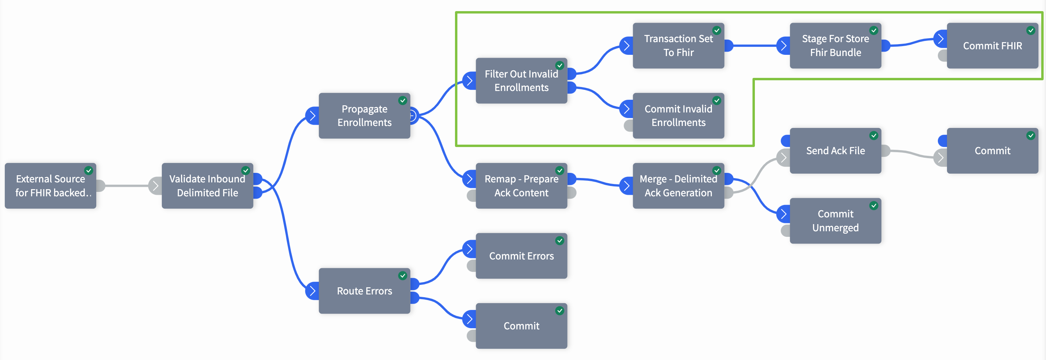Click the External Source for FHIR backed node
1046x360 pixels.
pyautogui.click(x=51, y=186)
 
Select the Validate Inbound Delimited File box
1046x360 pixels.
pyautogui.click(x=208, y=186)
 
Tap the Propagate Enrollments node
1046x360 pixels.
pyautogui.click(x=365, y=116)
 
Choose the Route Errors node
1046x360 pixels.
pyautogui.click(x=365, y=291)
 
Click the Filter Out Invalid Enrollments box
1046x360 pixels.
pyautogui.click(x=521, y=81)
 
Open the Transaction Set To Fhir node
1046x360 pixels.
pyautogui.click(x=679, y=45)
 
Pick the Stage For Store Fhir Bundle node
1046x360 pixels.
pyautogui.click(x=836, y=45)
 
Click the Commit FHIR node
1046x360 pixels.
pyautogui.click(x=992, y=45)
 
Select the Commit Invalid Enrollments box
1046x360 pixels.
pyautogui.click(x=679, y=116)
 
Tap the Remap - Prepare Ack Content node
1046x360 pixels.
pyautogui.click(x=521, y=186)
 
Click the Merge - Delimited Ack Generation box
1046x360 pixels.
pyautogui.click(x=679, y=186)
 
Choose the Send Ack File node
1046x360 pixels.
pyautogui.click(x=836, y=151)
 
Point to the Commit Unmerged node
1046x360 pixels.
pyautogui.click(x=836, y=221)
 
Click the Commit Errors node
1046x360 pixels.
pyautogui.click(x=521, y=255)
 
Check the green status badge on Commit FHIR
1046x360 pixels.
pyautogui.click(x=1030, y=31)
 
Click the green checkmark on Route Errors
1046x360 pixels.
pyautogui.click(x=402, y=276)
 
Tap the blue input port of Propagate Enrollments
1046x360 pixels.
pyautogui.click(x=312, y=116)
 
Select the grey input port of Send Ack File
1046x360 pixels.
pyautogui.click(x=783, y=158)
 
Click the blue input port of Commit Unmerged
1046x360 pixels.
pyautogui.click(x=783, y=214)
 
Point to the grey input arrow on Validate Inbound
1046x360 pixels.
pyautogui.click(x=155, y=186)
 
